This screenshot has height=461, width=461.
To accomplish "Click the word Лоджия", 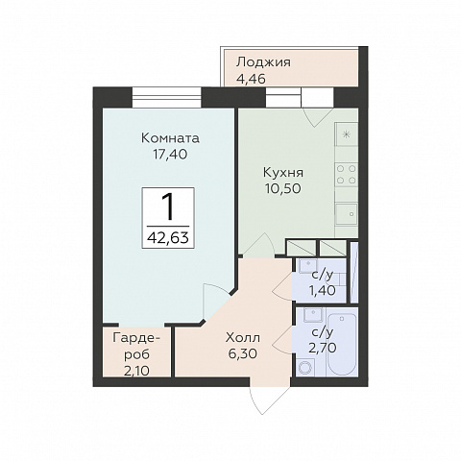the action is [263, 62].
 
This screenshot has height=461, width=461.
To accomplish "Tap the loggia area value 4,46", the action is [251, 79].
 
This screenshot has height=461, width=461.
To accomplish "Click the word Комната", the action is [170, 138].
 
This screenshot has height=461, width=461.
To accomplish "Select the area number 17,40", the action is [170, 155].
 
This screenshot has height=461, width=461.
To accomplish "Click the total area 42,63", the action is [168, 238].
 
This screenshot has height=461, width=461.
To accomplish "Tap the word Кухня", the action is [283, 173].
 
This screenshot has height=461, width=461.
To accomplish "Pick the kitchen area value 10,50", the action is [283, 189].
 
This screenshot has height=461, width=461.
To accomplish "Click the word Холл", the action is [243, 338].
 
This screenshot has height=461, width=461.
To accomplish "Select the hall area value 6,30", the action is [243, 353].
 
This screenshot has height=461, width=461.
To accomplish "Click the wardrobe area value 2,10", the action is [136, 372].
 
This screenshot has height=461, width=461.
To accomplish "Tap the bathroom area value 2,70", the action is [323, 348].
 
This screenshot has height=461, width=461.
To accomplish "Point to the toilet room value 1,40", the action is [322, 291].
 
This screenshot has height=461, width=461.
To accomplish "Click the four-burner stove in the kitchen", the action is [347, 175].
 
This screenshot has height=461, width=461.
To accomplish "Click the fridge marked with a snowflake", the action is [346, 134].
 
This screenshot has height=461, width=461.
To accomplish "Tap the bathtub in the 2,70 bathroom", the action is [342, 344].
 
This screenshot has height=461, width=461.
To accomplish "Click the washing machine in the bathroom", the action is [305, 367].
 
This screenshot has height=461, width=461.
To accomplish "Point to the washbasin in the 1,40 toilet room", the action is [308, 266].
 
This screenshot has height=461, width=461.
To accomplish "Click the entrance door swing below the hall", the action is [261, 400].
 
